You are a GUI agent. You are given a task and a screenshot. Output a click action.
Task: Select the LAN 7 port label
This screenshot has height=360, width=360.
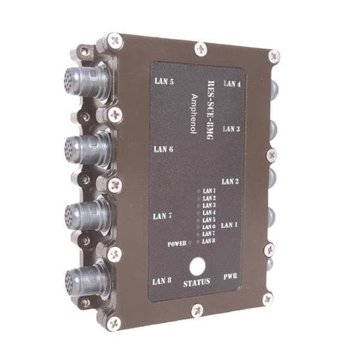163,216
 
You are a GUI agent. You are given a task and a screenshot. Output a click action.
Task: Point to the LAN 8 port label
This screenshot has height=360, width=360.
162,280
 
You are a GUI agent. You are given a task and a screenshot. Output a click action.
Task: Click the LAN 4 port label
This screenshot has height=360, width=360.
232,84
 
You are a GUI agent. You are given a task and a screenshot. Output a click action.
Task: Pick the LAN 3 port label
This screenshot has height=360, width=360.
232,128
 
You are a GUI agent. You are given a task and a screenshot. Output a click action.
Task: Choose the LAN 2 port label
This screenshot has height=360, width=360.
230,181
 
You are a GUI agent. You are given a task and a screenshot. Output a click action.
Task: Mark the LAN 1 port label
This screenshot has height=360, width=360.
229,225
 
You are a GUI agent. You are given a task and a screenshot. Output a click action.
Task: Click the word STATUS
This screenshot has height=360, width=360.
197,282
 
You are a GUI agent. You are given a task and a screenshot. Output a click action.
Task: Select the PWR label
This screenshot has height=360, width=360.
230,277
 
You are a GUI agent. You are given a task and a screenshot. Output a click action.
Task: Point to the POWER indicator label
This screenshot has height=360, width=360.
178,244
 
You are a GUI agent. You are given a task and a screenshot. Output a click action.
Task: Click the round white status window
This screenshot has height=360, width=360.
197,266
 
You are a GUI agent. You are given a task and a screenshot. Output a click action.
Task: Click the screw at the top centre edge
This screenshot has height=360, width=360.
200,49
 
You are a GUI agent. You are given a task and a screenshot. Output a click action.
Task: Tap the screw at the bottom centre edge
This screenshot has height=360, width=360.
197,310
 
